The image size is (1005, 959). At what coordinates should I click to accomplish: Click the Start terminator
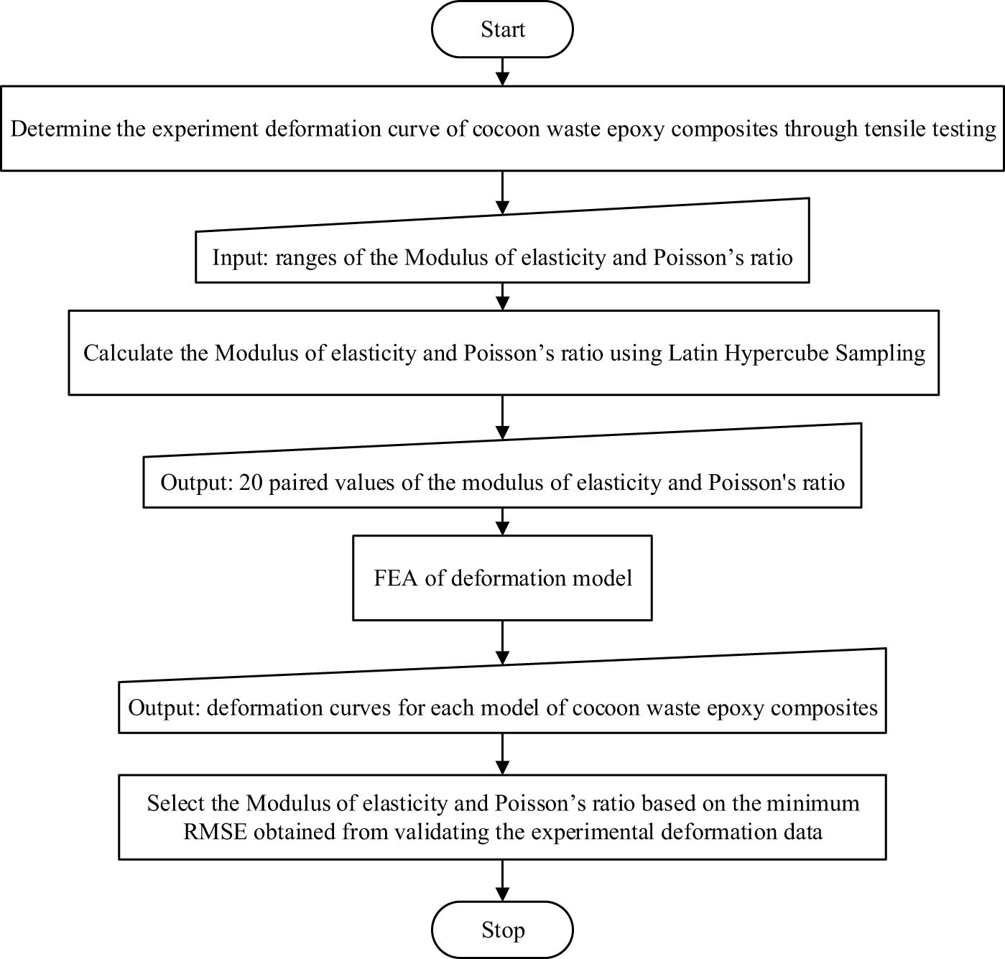coord(502,29)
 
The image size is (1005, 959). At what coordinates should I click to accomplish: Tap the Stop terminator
coord(502,930)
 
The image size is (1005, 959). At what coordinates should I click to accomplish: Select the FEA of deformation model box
coord(502,578)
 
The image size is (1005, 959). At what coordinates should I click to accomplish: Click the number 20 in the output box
coord(251,482)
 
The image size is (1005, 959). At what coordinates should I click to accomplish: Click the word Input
coord(239,258)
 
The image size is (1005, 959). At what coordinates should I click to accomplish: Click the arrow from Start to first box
coord(502,72)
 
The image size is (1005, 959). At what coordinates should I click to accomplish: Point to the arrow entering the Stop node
coord(502,881)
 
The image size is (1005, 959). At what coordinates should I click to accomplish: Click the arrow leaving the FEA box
coord(502,642)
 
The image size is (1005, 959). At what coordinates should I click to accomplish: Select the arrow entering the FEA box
coord(502,522)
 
